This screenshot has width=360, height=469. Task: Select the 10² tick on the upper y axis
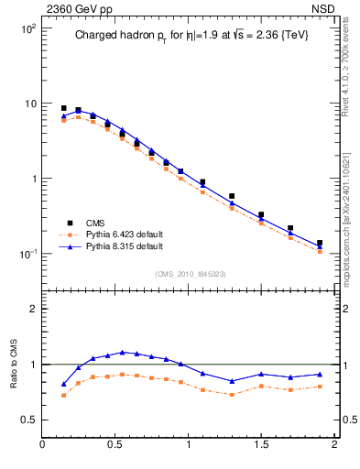(x=27, y=28)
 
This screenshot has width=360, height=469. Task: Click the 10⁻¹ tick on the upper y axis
(x=27, y=254)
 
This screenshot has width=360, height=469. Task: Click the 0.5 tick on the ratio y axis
(x=27, y=420)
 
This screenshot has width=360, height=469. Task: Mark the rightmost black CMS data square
(x=319, y=244)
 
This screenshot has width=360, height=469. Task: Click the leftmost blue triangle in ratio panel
(x=63, y=385)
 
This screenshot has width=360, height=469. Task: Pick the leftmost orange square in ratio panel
(x=63, y=395)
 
